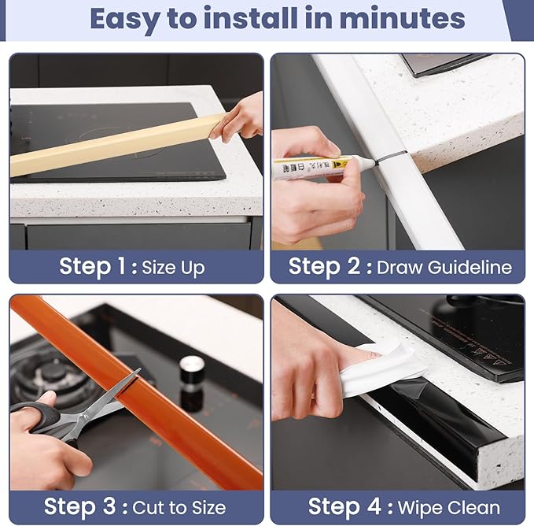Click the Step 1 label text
[x=94, y=267]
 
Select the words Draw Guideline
[x=444, y=267]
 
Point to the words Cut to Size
[x=179, y=507]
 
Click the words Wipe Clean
[x=447, y=507]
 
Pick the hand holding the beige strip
[x=239, y=118]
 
